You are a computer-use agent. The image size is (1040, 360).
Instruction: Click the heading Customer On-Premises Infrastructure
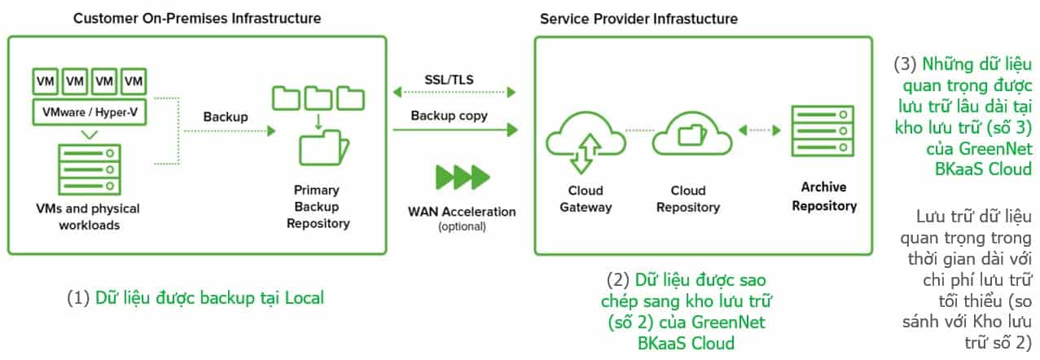pos(197,17)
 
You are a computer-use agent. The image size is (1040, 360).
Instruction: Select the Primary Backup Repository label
pos(318,206)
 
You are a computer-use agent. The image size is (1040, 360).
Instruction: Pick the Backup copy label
pos(449,116)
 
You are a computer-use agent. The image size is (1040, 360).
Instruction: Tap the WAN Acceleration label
pos(462,212)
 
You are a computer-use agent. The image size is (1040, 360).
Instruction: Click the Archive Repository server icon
pos(819,130)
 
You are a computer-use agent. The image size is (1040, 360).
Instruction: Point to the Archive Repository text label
pos(824,196)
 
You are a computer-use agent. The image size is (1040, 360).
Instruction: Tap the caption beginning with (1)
pos(195,297)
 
